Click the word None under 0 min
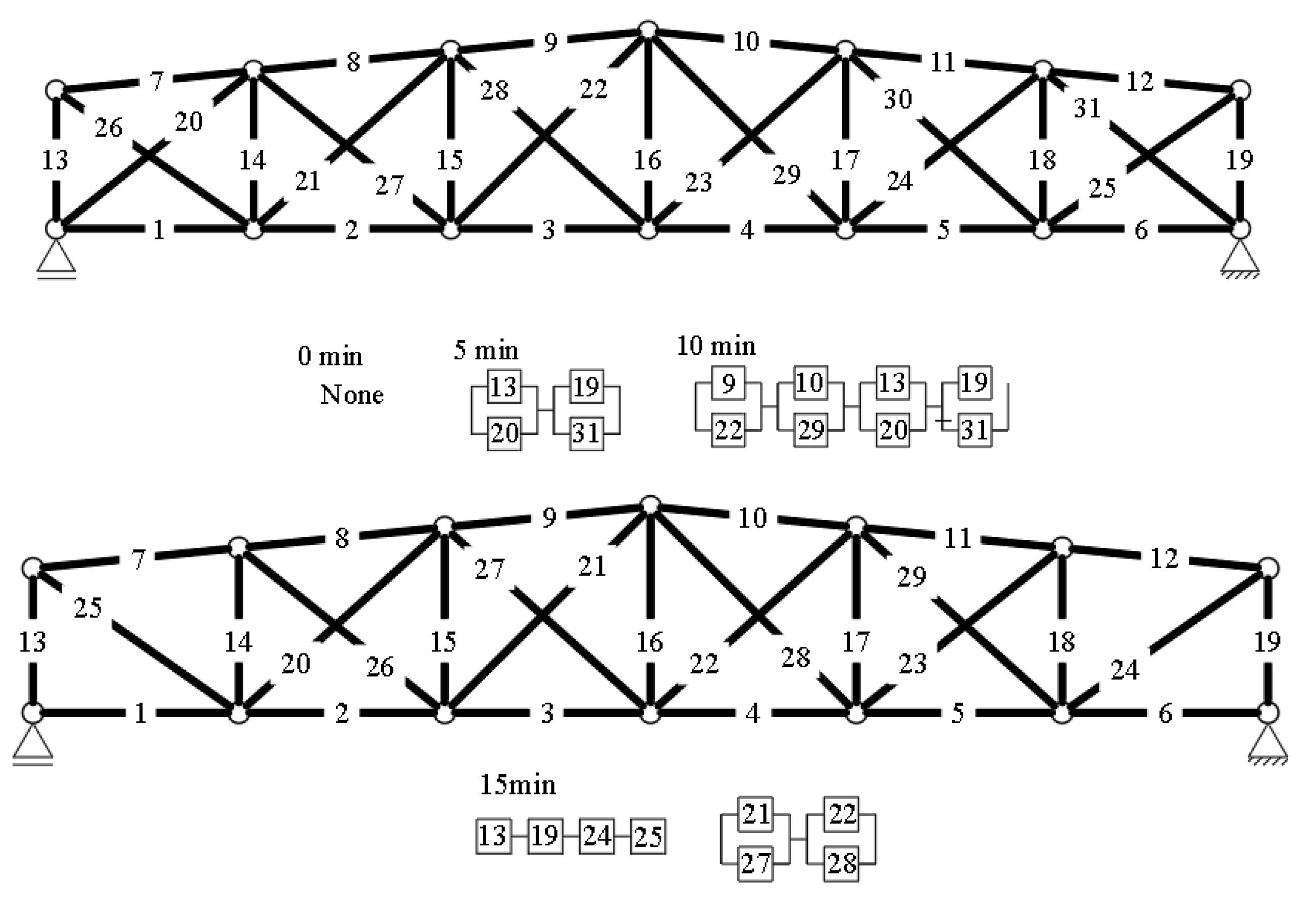pyautogui.click(x=352, y=395)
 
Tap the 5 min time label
pyautogui.click(x=486, y=350)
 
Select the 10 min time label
pyautogui.click(x=716, y=346)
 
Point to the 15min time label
pyautogui.click(x=517, y=785)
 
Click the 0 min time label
pyautogui.click(x=330, y=356)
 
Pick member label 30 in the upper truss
pyautogui.click(x=897, y=100)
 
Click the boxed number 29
pyautogui.click(x=811, y=430)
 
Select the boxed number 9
pyautogui.click(x=729, y=383)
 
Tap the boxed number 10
pyautogui.click(x=810, y=383)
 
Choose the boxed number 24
pyautogui.click(x=597, y=836)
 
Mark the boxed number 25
pyautogui.click(x=648, y=836)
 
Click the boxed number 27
pyautogui.click(x=755, y=863)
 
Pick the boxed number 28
pyautogui.click(x=842, y=863)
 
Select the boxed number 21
pyautogui.click(x=755, y=814)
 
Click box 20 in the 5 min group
pyautogui.click(x=504, y=433)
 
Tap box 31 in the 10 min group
pyautogui.click(x=975, y=430)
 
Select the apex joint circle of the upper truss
pyautogui.click(x=648, y=30)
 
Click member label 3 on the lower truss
pyautogui.click(x=547, y=713)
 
